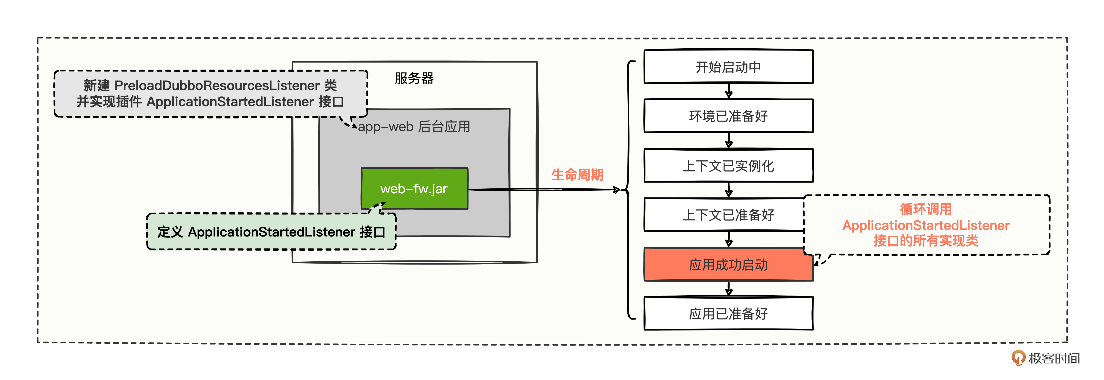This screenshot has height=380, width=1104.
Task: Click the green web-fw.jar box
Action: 414,188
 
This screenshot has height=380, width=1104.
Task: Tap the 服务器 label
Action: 414,78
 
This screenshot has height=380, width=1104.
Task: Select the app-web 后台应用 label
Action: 414,127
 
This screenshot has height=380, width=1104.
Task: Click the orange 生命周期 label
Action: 577,175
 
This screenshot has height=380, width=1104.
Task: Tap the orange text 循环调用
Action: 926,209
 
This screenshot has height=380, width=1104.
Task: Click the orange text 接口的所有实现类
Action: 926,241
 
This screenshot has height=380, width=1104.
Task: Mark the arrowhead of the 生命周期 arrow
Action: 617,189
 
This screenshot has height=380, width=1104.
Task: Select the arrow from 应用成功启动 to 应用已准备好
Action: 729,289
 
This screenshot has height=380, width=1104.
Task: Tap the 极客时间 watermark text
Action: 1054,358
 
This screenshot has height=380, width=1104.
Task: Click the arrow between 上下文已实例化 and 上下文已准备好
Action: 729,190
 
